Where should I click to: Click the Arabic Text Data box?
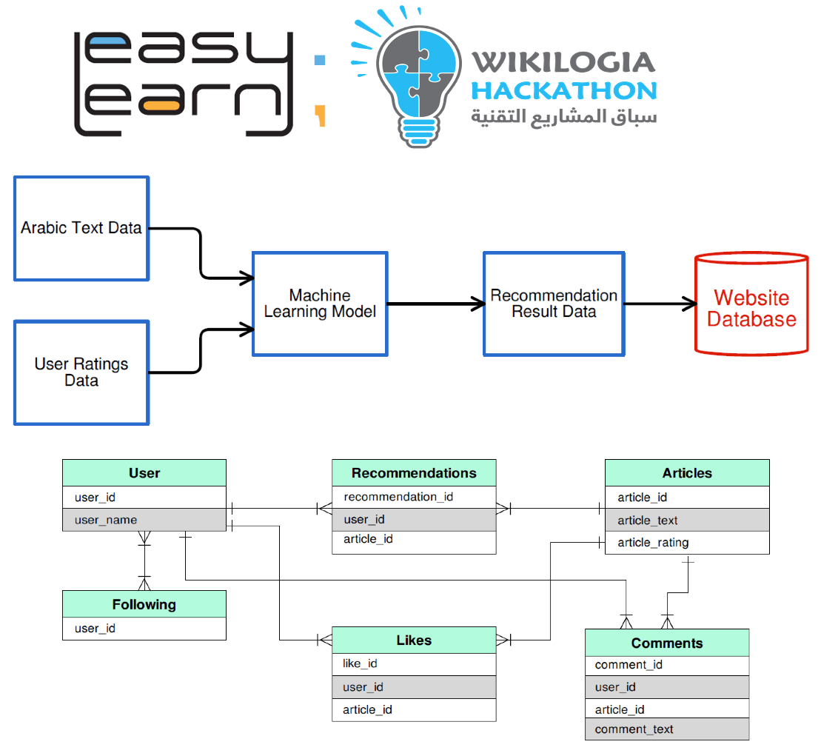tap(81, 228)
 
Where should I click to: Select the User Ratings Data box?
tap(81, 372)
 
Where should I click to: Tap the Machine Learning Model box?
tap(320, 304)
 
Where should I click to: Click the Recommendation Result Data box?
tap(554, 304)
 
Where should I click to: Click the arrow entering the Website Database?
tap(659, 304)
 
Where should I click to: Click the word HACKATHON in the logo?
tap(563, 90)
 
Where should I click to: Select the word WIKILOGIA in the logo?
tap(563, 62)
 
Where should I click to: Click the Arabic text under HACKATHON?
tap(563, 117)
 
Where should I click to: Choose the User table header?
tap(144, 473)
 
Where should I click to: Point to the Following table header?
tap(144, 604)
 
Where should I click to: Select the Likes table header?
tap(413, 640)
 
